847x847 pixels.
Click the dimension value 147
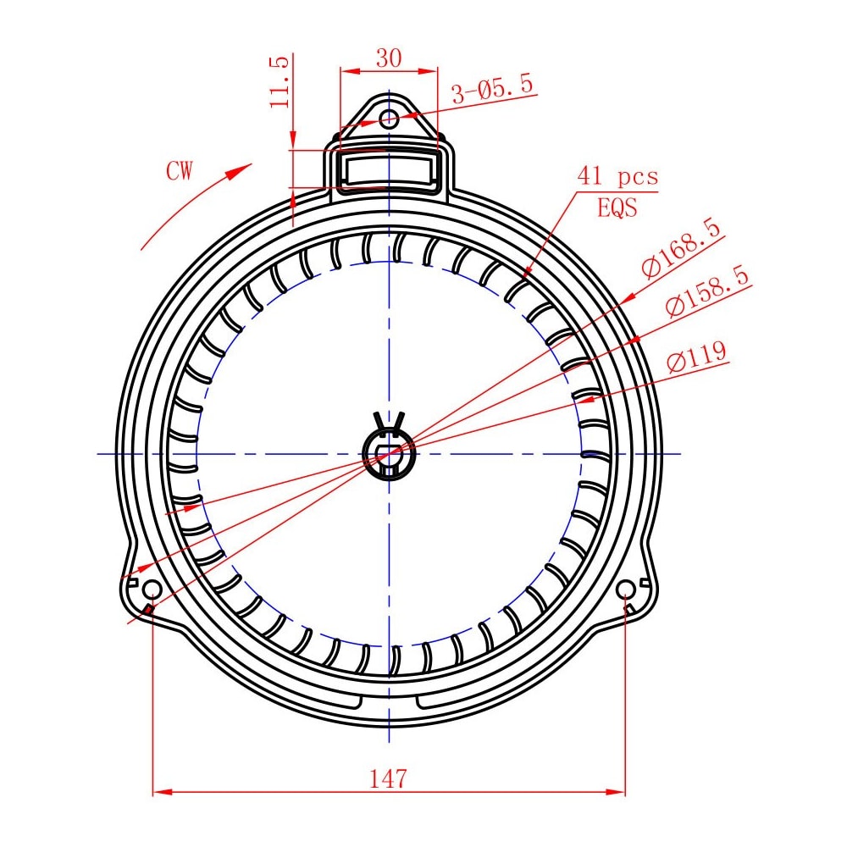388,778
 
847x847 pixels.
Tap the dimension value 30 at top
389,58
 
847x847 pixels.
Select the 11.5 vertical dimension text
280,82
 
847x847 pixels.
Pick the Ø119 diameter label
697,357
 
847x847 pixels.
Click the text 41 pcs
618,177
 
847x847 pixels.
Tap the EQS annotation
617,208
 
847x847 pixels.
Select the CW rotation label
180,171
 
